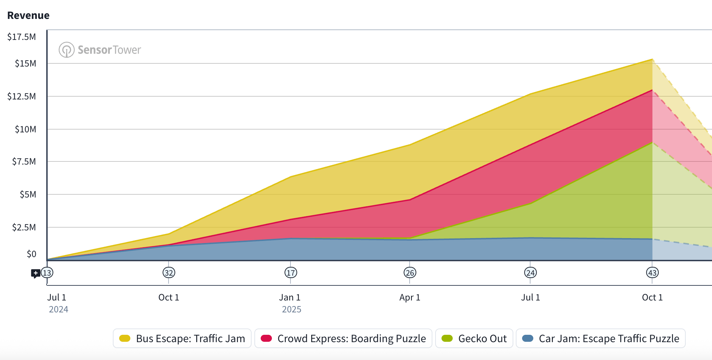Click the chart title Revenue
tap(28, 15)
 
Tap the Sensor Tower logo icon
tap(66, 50)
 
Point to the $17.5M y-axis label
tap(22, 37)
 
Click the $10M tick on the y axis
tap(25, 129)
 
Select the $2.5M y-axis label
tap(24, 227)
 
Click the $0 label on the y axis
tap(32, 254)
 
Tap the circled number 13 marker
tap(47, 273)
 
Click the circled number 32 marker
tap(169, 273)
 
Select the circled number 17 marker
tap(291, 273)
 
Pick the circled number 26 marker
tap(410, 273)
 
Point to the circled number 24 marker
tap(530, 273)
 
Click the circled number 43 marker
tap(652, 273)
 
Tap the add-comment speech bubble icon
tap(35, 273)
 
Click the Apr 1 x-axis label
tap(410, 297)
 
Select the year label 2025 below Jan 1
tap(292, 309)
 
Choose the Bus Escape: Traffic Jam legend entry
tap(182, 338)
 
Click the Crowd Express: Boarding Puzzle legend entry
tap(343, 338)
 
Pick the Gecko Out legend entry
tap(474, 338)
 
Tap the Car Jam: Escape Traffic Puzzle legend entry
tap(601, 338)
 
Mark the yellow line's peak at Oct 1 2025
tap(652, 59)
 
